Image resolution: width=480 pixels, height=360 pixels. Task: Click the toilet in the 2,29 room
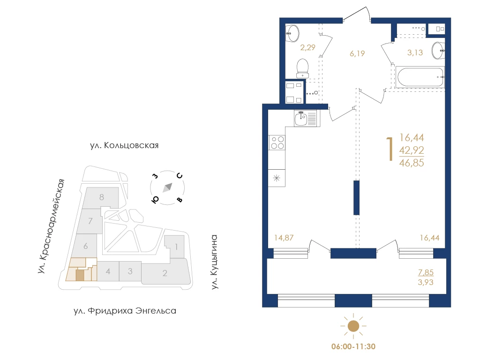pos(302,68)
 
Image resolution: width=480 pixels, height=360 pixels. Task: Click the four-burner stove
pos(277,142)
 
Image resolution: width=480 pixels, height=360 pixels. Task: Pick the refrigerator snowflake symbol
pos(277,178)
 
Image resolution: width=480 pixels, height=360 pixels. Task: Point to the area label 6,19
pos(357,53)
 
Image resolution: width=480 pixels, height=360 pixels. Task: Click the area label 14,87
pos(284,238)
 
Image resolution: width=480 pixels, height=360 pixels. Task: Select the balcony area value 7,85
pos(426,272)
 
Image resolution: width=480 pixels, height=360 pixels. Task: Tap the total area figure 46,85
pos(412,163)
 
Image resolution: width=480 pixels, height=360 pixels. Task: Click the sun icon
pos(353,326)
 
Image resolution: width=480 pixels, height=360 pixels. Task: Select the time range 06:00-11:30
pos(353,346)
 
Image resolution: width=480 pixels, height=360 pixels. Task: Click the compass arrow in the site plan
pos(167,187)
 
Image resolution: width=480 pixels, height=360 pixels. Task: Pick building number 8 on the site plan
pos(102,197)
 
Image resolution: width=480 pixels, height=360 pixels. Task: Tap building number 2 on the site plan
pos(165,273)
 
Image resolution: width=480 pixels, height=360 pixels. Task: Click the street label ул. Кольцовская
pos(124,145)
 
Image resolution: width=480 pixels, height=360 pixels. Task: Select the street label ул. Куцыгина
pos(214,262)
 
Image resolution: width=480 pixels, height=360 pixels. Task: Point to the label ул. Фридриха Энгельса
pos(125,311)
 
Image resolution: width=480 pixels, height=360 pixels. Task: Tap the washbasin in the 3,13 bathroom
pos(438,51)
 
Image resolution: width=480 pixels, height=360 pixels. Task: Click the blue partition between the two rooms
pos(356,198)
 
